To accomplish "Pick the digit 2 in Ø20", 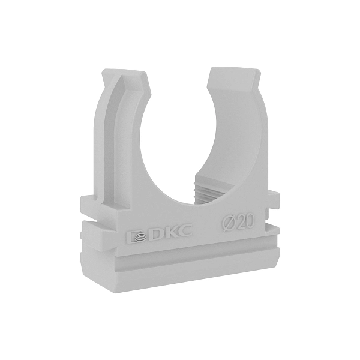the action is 240,221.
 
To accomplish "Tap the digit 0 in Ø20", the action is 251,220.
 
